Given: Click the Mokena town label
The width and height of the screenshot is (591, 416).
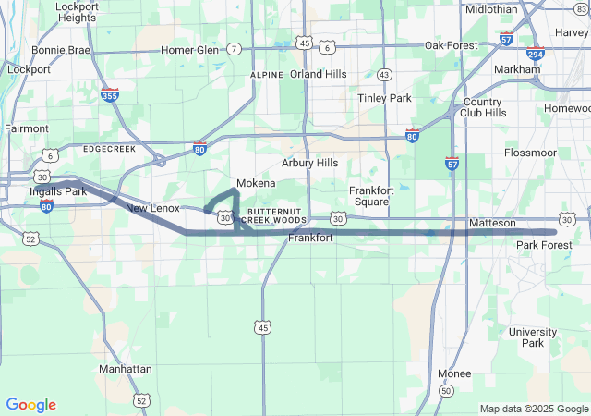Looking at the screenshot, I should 256,183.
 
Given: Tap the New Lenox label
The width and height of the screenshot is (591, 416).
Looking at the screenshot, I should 152,209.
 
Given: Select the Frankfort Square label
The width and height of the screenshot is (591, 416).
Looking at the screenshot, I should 373,196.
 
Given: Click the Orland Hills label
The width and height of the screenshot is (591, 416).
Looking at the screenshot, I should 318,74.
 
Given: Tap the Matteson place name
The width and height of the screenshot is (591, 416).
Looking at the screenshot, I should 492,224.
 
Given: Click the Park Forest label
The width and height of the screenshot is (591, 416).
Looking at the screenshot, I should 544,245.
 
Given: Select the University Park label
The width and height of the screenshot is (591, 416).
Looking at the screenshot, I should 533,337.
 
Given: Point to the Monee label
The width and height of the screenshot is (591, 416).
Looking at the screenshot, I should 453,373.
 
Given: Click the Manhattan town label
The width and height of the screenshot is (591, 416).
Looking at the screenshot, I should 125,369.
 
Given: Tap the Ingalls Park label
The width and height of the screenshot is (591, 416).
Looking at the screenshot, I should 57,191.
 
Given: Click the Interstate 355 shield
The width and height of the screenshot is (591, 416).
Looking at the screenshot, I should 110,94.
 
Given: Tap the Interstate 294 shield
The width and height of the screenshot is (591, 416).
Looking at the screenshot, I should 536,54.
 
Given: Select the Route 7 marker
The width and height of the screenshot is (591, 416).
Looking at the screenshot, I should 235,48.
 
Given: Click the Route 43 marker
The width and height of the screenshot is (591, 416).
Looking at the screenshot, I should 384,74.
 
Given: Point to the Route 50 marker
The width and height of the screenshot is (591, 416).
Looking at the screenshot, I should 446,391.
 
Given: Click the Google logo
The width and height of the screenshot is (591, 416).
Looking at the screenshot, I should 30,405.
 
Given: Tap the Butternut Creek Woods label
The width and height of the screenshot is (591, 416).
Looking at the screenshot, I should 273,215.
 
